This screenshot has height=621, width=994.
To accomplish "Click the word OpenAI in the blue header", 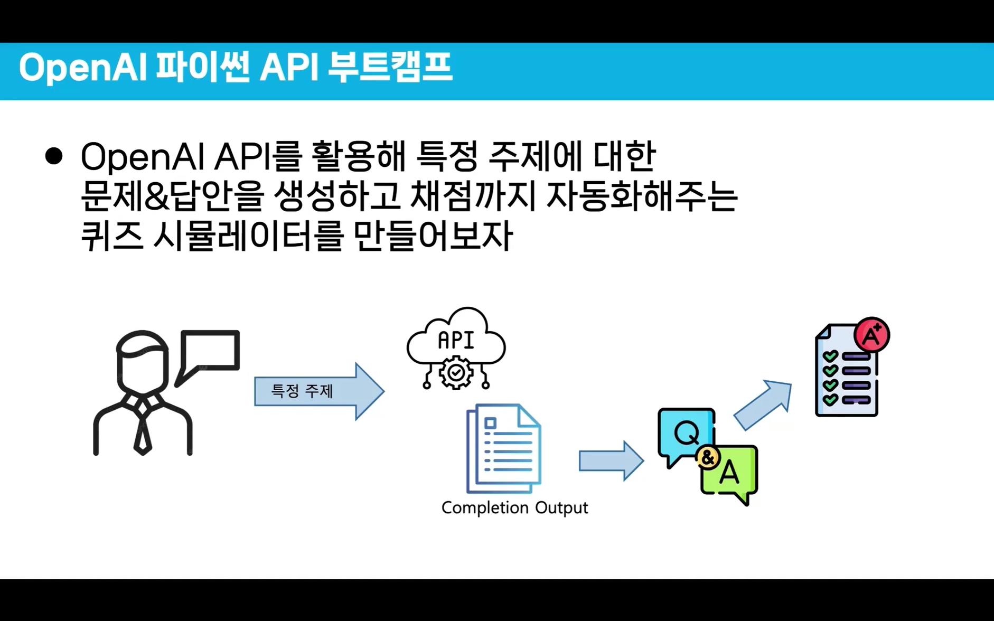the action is pyautogui.click(x=82, y=68).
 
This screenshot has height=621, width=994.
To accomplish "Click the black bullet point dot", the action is pyautogui.click(x=54, y=156).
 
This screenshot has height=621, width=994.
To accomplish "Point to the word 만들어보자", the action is pyautogui.click(x=433, y=235).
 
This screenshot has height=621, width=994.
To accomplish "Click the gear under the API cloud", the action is pyautogui.click(x=456, y=373).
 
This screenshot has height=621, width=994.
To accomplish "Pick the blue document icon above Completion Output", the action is pyautogui.click(x=503, y=448).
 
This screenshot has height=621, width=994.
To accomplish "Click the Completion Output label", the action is pyautogui.click(x=514, y=507).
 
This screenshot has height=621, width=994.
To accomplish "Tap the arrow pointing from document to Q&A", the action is pyautogui.click(x=611, y=460).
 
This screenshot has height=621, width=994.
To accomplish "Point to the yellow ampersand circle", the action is pyautogui.click(x=708, y=458).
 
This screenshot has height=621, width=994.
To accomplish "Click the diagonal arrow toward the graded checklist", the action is pyautogui.click(x=763, y=405).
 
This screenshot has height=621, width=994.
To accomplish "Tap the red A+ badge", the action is pyautogui.click(x=872, y=335).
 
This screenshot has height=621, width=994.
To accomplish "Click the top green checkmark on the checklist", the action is pyautogui.click(x=830, y=356).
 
